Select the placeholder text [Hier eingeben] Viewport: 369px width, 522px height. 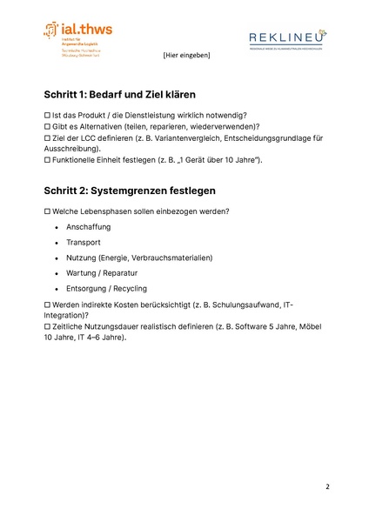click(x=185, y=56)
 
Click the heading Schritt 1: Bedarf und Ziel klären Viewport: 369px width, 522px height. click(x=119, y=94)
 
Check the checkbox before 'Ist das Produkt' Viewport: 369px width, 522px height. click(x=48, y=116)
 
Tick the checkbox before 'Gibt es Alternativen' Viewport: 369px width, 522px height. click(x=48, y=127)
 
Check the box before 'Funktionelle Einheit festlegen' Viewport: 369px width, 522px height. click(x=48, y=161)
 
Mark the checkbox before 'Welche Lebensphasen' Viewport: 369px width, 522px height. click(x=48, y=211)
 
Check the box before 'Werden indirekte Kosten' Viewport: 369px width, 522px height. click(x=48, y=304)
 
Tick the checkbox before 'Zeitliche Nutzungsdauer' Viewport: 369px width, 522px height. click(x=48, y=326)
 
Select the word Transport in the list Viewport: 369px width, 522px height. click(x=84, y=243)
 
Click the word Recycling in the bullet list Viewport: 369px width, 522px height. click(x=128, y=289)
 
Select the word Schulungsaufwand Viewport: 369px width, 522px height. click(x=235, y=304)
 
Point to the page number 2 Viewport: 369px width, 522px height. click(x=327, y=486)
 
